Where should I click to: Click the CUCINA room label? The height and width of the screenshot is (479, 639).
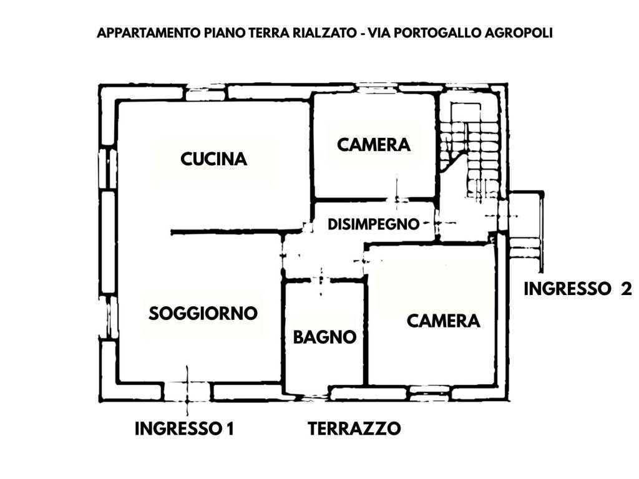pos(213,159)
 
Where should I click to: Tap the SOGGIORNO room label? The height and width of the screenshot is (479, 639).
pos(203,313)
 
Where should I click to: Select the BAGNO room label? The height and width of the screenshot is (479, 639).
pos(324,337)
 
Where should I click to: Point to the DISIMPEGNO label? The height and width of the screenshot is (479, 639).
pos(373,224)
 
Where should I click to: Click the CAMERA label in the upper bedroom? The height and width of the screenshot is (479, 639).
pos(374,145)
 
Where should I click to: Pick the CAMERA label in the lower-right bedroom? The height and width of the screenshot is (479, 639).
pos(443,321)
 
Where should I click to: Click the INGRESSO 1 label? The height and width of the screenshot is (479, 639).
pos(184,429)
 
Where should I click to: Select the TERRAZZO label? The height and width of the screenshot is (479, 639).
pos(354,429)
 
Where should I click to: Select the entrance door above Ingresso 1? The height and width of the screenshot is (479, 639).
pos(187,392)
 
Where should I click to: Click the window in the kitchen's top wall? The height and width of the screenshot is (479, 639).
pos(205,94)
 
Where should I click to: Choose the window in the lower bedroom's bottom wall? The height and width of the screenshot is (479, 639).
pos(429,393)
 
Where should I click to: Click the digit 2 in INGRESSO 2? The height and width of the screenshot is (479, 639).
pos(626,289)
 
